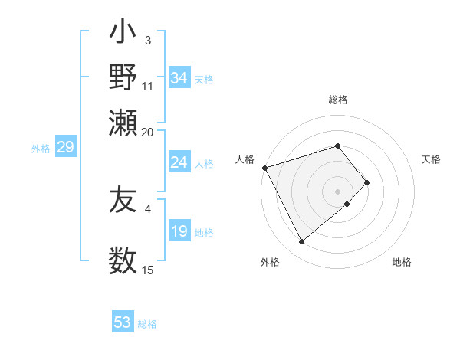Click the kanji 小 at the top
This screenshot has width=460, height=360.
[x=123, y=34]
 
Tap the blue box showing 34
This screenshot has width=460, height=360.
[x=179, y=78]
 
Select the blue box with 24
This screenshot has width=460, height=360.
[x=179, y=162]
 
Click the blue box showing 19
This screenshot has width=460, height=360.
[x=179, y=231]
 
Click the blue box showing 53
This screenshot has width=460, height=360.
[x=123, y=322]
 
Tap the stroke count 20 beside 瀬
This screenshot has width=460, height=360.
[x=148, y=132]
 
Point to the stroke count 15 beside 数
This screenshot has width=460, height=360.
[x=148, y=270]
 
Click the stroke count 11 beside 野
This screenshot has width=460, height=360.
[x=148, y=86]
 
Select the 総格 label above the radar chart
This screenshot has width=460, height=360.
[x=338, y=100]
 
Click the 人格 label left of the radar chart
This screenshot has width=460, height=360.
[x=245, y=159]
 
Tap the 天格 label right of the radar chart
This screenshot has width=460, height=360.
[x=431, y=159]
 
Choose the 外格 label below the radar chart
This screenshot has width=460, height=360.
[x=270, y=262]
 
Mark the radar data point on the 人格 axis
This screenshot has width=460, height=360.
[x=264, y=168]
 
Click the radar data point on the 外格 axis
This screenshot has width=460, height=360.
[x=302, y=242]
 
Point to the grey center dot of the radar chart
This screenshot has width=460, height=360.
[x=338, y=191]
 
